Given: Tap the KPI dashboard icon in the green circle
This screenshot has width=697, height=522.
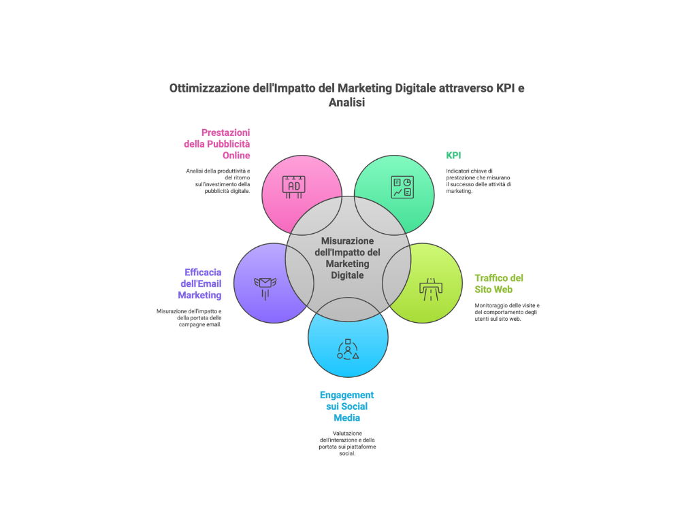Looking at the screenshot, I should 402,187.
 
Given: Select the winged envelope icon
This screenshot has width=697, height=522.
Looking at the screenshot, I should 263,285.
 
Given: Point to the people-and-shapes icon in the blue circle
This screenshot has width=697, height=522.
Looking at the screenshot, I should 348,349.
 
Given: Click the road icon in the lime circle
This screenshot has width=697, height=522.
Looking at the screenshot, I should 432,288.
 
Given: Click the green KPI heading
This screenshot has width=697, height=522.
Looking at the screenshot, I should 453,155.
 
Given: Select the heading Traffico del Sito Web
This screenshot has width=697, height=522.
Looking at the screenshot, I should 499,283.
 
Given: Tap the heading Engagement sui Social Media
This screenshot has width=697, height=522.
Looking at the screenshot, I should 347,406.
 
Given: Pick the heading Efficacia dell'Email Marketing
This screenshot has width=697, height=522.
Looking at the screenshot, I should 200,283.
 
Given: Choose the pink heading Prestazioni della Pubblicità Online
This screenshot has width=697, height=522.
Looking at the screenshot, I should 217,143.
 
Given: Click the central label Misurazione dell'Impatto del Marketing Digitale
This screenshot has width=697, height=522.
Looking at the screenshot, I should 347,258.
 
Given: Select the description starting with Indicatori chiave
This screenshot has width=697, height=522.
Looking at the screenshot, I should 479,181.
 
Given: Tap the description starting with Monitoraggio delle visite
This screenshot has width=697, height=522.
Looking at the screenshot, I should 506,311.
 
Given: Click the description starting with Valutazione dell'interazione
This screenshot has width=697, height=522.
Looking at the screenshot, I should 347,443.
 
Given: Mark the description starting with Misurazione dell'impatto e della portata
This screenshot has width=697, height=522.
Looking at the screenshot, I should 189,317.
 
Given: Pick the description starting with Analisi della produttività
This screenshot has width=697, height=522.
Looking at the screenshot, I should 218,181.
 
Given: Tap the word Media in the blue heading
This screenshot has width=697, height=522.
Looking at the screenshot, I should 347,417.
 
